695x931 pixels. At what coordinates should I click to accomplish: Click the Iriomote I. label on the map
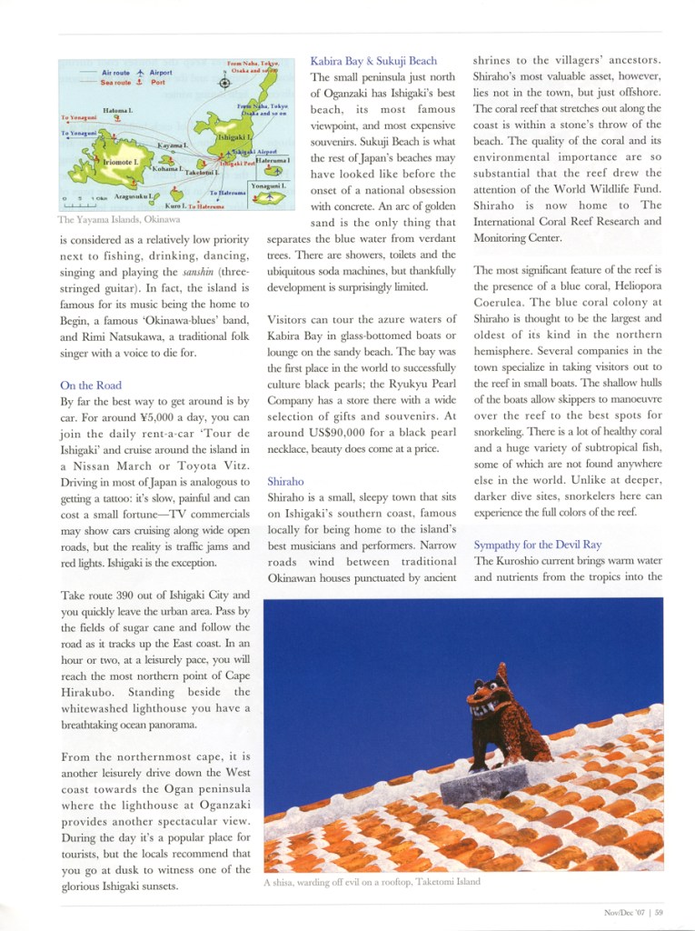[x=120, y=162]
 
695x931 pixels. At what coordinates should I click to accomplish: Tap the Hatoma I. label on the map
[x=118, y=110]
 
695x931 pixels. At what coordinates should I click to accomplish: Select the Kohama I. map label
[x=166, y=169]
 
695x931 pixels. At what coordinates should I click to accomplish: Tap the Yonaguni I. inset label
[x=269, y=185]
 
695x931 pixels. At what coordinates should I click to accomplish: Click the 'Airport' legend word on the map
[x=161, y=72]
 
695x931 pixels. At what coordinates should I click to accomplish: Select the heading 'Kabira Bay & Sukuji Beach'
[x=373, y=61]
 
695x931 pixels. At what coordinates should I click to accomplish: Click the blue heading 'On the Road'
[x=91, y=385]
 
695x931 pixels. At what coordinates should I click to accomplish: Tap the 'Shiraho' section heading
[x=286, y=481]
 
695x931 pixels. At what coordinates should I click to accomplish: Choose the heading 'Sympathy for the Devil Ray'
[x=537, y=545]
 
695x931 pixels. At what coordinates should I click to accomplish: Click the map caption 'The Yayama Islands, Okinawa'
[x=119, y=220]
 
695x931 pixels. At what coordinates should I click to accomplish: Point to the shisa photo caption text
[x=371, y=882]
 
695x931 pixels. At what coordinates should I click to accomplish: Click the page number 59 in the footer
[x=659, y=913]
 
